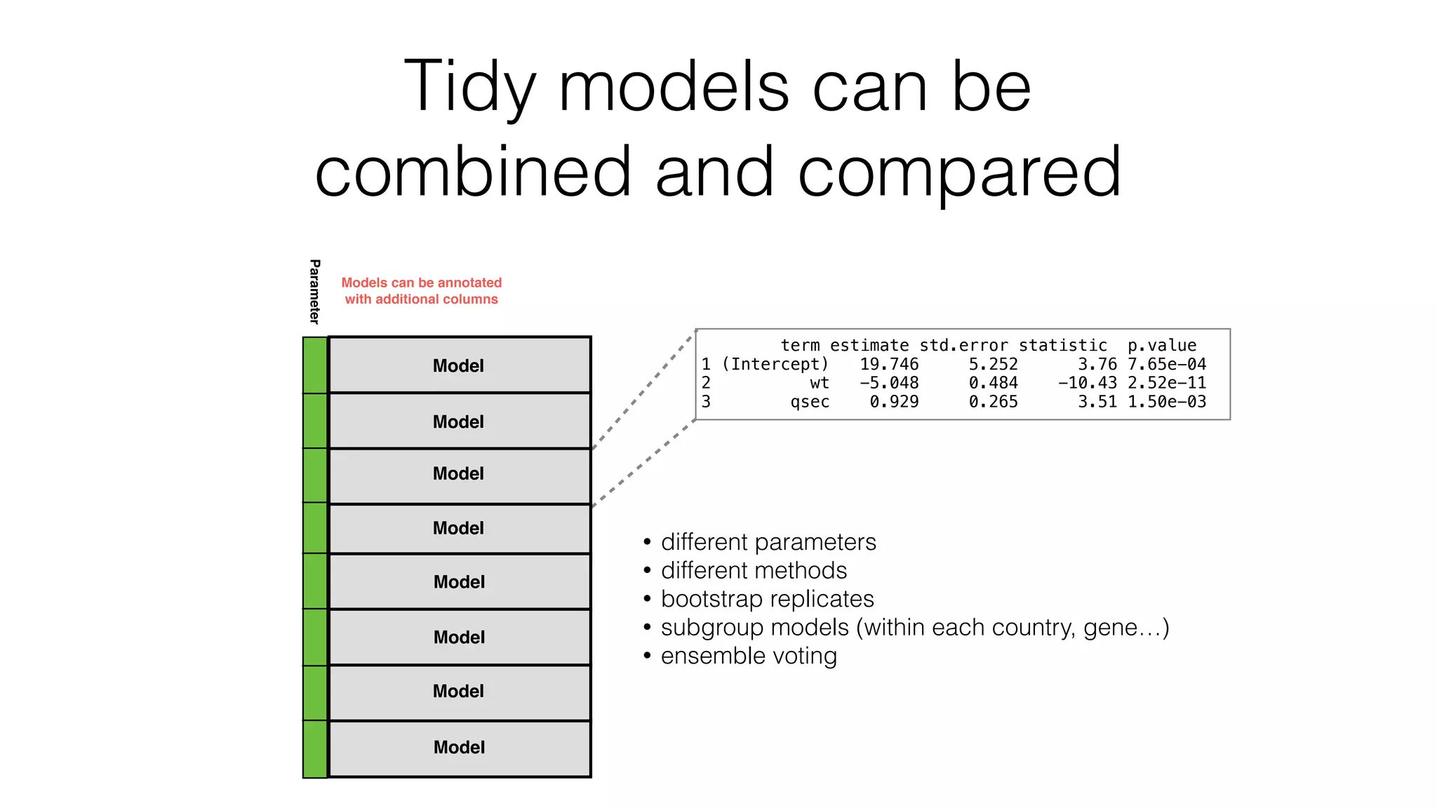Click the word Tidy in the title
pos(469,87)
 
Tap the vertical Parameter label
pos(314,291)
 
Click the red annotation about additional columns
pos(421,290)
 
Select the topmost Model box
pos(459,365)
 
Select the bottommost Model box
pos(459,748)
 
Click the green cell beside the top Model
pos(315,365)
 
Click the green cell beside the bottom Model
pos(315,749)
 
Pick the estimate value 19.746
pos(889,364)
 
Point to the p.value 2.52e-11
pos(1166,383)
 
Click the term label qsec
pos(810,402)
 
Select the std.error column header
pos(963,345)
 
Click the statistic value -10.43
pos(1087,383)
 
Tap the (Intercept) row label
pos(775,364)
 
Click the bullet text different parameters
pos(768,542)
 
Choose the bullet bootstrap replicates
pos(767,599)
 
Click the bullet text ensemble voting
pos(749,656)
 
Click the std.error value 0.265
pos(993,402)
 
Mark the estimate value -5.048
pos(889,383)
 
